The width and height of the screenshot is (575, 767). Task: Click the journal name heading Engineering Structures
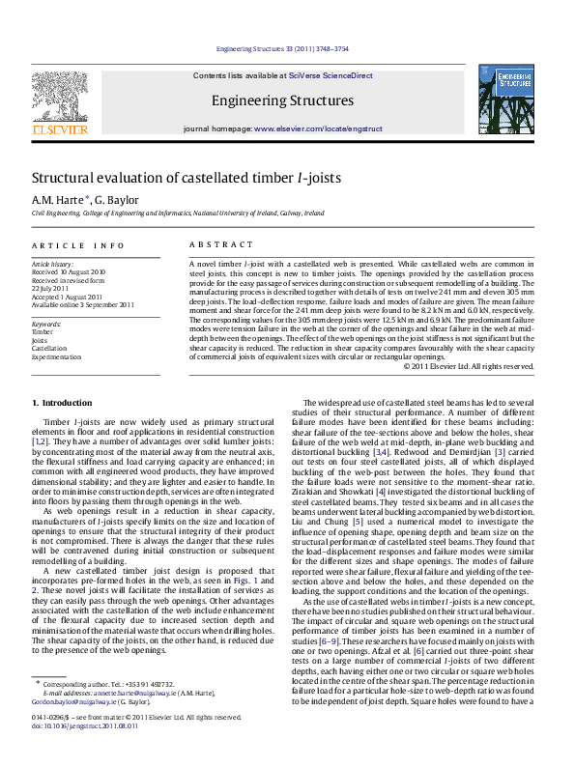click(282, 100)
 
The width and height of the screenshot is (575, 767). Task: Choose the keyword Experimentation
click(56, 356)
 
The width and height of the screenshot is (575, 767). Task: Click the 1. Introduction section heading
click(63, 402)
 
